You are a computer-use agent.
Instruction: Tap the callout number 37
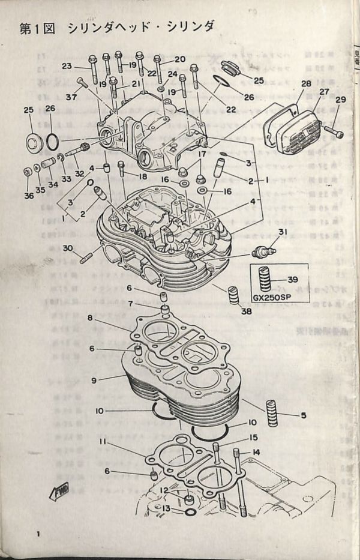[x=71, y=97]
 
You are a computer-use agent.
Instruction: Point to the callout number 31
[x=283, y=233]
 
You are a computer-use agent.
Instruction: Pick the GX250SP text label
[x=271, y=299]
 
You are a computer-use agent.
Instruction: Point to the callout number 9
[x=94, y=380]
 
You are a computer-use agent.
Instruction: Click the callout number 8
[x=89, y=318]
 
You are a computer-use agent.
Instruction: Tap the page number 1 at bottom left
[x=38, y=535]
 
